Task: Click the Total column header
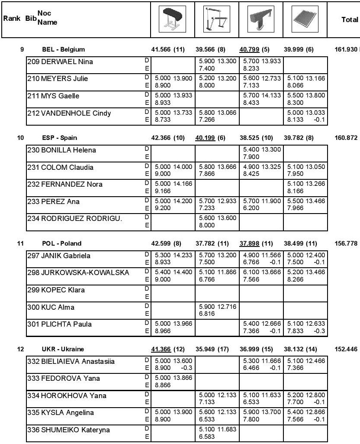(x=349, y=20)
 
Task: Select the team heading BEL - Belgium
(x=63, y=49)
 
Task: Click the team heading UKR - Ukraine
(x=63, y=349)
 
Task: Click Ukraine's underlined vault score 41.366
(x=161, y=349)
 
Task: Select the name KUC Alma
(x=58, y=308)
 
